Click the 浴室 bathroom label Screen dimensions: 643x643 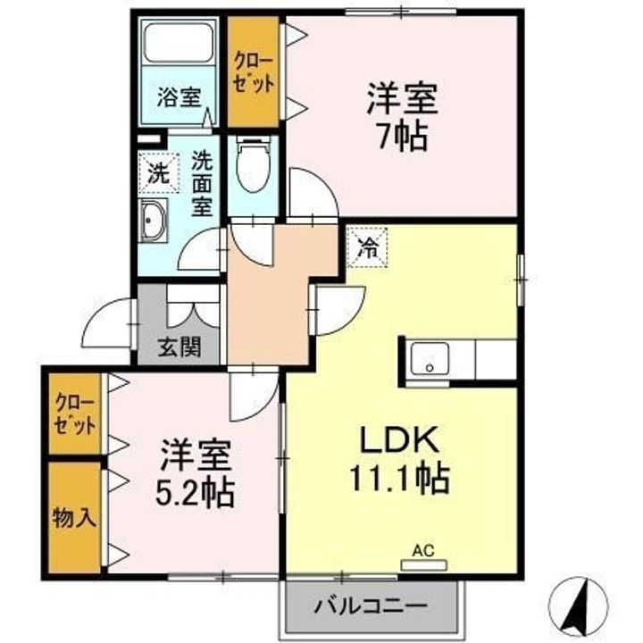point(179,97)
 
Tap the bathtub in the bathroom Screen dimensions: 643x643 point(179,42)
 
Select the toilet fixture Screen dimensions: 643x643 point(253,165)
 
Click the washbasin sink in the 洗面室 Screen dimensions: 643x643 point(154,221)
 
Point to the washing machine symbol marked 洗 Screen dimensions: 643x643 point(159,173)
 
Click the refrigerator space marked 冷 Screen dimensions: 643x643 point(367,247)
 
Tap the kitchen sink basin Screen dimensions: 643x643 point(430,358)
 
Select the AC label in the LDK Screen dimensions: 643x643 point(423,551)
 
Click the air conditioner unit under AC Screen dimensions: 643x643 point(423,565)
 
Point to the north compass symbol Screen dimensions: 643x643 point(578,605)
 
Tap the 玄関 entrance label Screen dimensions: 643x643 point(180,347)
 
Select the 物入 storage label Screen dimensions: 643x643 point(74,518)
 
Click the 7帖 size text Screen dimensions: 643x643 point(402,136)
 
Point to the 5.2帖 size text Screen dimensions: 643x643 point(195,492)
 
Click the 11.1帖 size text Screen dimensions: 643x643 point(399,478)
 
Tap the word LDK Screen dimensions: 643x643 point(399,439)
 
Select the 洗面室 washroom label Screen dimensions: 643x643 point(202,183)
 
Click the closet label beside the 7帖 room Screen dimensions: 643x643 point(253,73)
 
